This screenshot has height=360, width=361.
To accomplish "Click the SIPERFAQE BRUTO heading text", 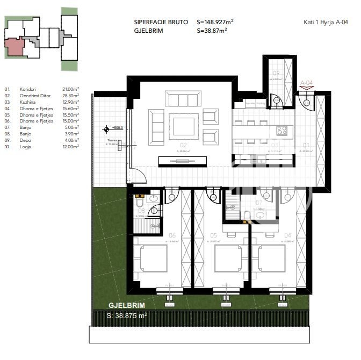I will [x=161, y=22].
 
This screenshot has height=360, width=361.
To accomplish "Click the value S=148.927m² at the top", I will [x=215, y=22].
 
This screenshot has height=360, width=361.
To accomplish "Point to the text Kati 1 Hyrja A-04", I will [x=326, y=22].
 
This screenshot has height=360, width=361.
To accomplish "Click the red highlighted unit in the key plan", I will [x=15, y=48].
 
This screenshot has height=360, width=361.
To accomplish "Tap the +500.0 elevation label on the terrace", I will [x=117, y=128].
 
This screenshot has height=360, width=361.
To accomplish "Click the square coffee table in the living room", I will [x=184, y=126].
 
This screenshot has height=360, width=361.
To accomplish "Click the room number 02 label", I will [x=183, y=145].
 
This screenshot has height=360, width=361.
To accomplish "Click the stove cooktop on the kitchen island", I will [x=282, y=130].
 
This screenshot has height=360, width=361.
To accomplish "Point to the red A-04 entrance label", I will [x=306, y=83].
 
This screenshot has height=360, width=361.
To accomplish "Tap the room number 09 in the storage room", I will [x=276, y=73].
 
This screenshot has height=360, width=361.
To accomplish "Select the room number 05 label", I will [x=213, y=235].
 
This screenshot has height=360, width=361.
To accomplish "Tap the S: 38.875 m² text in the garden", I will [x=127, y=316].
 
